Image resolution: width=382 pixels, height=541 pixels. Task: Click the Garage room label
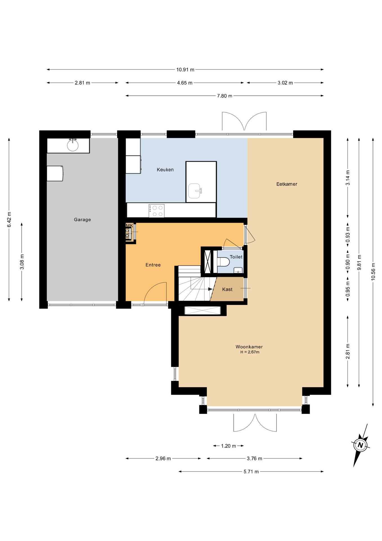[82, 219]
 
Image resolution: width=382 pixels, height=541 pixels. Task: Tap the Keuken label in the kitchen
[165, 170]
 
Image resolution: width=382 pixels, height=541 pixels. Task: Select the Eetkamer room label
[287, 184]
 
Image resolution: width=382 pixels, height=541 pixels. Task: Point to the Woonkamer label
[249, 347]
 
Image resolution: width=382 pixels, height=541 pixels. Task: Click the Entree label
[153, 265]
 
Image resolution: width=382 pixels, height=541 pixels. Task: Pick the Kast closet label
[227, 289]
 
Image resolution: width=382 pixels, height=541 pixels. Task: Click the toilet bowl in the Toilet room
[223, 262]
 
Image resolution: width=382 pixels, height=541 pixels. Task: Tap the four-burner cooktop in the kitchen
[157, 211]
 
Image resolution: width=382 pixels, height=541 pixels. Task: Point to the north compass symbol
[360, 445]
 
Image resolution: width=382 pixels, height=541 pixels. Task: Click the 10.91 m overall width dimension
[185, 70]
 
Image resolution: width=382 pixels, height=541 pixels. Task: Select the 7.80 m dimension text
[224, 96]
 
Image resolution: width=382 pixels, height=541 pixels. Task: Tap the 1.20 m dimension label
[228, 446]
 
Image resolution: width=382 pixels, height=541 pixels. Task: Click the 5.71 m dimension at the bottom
[251, 472]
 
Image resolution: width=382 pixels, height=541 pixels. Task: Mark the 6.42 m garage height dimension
[9, 219]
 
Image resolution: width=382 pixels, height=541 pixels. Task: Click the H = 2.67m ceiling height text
[250, 352]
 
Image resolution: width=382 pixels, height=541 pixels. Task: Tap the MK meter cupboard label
[129, 225]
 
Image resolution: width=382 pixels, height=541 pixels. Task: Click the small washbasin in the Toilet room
[238, 270]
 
